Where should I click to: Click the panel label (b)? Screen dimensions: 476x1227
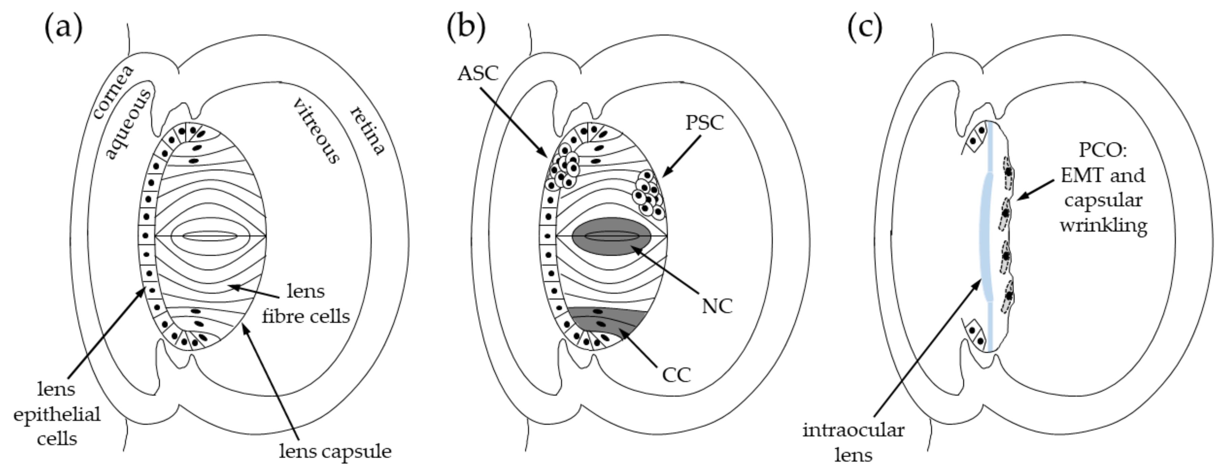(466, 28)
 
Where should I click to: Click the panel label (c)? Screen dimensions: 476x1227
(865, 28)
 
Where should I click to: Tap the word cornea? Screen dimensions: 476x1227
(113, 92)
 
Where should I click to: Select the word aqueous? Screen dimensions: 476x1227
(128, 124)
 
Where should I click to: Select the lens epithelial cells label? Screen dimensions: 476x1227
(57, 414)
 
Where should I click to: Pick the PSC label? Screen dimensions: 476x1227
(705, 123)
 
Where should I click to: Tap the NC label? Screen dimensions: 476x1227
(717, 306)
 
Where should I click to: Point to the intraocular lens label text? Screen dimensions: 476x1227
(853, 443)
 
